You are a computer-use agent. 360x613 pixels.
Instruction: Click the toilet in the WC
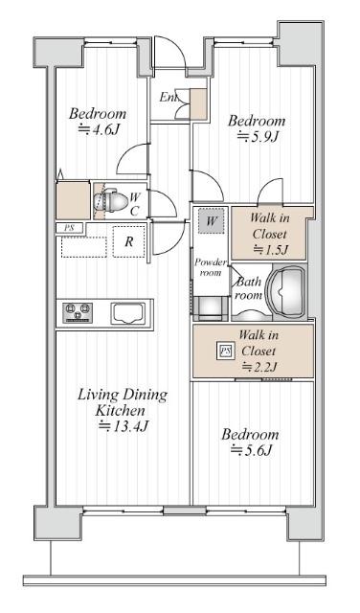(x=111, y=201)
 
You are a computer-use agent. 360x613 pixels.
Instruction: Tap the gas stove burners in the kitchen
(x=78, y=313)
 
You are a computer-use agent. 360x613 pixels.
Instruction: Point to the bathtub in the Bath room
(x=285, y=289)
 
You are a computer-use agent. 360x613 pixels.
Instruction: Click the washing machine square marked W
(x=211, y=221)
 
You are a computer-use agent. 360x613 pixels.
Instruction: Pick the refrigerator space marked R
(x=128, y=241)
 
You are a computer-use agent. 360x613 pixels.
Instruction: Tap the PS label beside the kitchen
(x=69, y=228)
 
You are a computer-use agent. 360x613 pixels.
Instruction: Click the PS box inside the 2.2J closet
(x=226, y=352)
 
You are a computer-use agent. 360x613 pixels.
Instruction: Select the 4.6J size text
(x=99, y=129)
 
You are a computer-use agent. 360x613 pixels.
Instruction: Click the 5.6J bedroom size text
(x=251, y=450)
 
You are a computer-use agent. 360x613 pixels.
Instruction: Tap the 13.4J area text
(x=124, y=425)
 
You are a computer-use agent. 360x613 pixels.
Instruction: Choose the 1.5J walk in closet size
(x=271, y=249)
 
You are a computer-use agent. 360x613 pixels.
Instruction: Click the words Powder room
(x=211, y=267)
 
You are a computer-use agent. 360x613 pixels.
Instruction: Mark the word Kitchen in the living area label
(x=121, y=411)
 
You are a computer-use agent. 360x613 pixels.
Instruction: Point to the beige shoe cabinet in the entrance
(x=198, y=104)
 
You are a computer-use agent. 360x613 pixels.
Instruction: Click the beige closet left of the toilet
(x=73, y=200)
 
